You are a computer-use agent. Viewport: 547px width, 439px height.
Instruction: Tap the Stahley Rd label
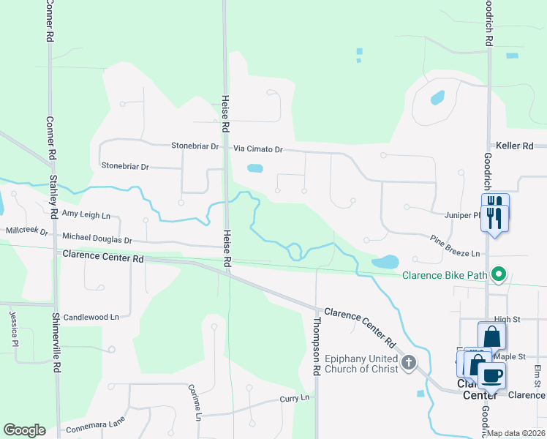[x=53, y=195]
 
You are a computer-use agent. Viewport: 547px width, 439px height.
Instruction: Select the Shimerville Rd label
[x=56, y=342]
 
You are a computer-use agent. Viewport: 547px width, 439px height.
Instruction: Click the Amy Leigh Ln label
[x=86, y=214]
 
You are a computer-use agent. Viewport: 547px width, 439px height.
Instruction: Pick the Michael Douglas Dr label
[x=97, y=239]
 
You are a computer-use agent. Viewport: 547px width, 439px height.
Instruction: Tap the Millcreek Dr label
[x=26, y=231]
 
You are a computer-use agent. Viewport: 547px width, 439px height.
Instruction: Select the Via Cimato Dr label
[x=257, y=149]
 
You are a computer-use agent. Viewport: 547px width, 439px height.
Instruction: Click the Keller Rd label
[x=514, y=146]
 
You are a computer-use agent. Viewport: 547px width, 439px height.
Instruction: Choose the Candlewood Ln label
[x=91, y=318]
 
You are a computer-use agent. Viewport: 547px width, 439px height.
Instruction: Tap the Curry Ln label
[x=295, y=399]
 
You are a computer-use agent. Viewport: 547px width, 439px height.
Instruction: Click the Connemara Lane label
[x=94, y=424]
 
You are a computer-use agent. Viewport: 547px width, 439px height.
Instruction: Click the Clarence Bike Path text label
[x=445, y=275]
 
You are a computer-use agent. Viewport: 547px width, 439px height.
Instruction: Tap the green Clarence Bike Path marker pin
[x=499, y=275]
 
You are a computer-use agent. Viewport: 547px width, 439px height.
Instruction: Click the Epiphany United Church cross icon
[x=408, y=361]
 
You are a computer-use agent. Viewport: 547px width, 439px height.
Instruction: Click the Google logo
[x=24, y=429]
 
